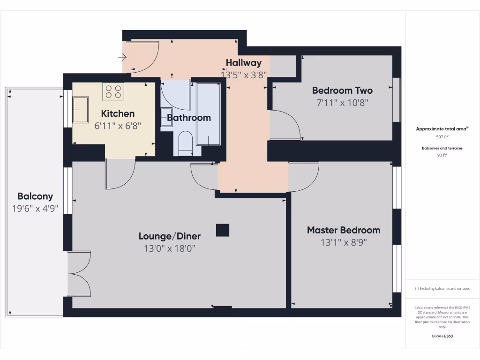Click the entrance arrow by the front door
pos(122,58)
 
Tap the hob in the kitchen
pos(113,91)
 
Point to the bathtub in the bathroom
pos(208,114)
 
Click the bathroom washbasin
pos(167,117)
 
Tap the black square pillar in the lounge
pos(223,230)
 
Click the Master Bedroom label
pos(344,230)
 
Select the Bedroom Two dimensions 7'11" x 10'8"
pos(342,102)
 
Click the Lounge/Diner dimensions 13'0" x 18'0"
pos(169,248)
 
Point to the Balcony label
pos(35,196)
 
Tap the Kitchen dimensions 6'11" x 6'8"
pos(118,126)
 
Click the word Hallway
pos(243,63)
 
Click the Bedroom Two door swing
pos(286,125)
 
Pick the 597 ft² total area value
pos(442,137)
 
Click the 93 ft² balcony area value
pos(442,155)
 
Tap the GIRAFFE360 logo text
pos(442,336)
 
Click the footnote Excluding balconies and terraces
pos(442,289)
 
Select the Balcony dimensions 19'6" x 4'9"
pos(36,209)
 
